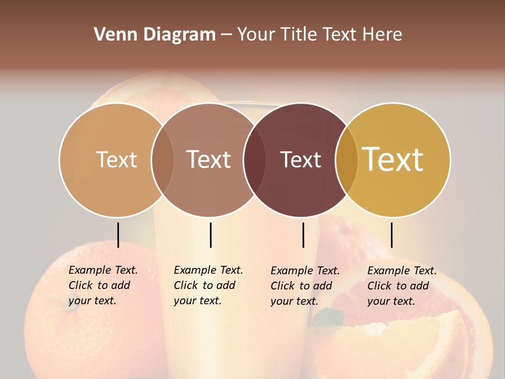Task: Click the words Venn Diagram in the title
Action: (x=155, y=35)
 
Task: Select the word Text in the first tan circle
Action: (x=116, y=159)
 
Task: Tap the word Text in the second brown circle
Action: (x=209, y=159)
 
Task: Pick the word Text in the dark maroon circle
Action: (x=300, y=159)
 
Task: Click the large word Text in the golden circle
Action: (x=393, y=159)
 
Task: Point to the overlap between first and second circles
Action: (x=163, y=160)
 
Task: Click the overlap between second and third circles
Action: (x=254, y=160)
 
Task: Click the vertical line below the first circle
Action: (x=118, y=235)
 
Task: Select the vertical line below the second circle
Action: (x=210, y=235)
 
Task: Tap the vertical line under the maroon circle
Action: (x=303, y=235)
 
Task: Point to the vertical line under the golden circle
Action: (x=391, y=235)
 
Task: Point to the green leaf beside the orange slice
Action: (x=326, y=317)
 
